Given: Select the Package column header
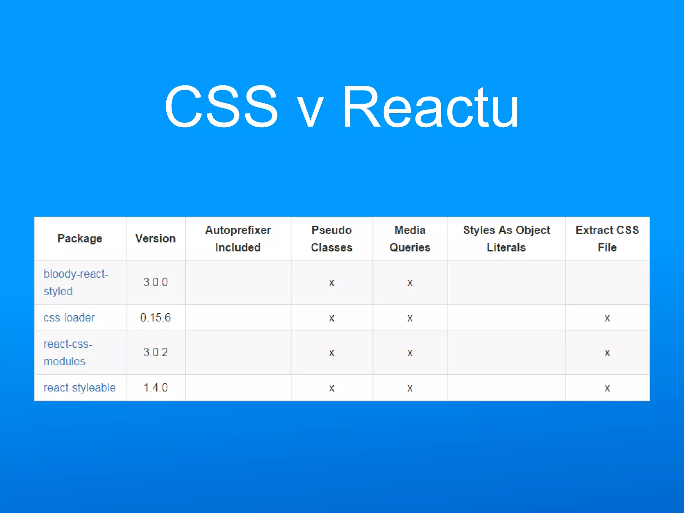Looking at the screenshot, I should click(80, 238).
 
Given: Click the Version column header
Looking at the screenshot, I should click(155, 238).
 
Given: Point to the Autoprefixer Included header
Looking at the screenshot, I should click(238, 238).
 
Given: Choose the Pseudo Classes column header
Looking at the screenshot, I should click(331, 238).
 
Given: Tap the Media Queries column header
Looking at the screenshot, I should click(410, 238).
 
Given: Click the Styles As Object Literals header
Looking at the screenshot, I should click(506, 238).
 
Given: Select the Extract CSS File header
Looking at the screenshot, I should click(607, 238).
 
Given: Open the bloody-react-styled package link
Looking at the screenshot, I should click(75, 282).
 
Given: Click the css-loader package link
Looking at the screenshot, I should click(69, 317).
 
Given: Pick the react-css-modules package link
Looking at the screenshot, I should click(68, 352).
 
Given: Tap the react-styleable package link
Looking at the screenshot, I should click(79, 387).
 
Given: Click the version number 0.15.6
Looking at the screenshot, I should click(155, 317).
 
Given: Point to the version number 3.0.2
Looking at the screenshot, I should click(155, 352).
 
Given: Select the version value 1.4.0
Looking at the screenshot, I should click(155, 387).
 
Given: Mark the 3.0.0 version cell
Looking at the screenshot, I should click(155, 282).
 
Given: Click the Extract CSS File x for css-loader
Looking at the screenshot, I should click(607, 318).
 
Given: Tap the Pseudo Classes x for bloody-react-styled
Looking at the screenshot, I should click(331, 283).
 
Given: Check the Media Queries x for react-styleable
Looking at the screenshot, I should click(410, 388).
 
